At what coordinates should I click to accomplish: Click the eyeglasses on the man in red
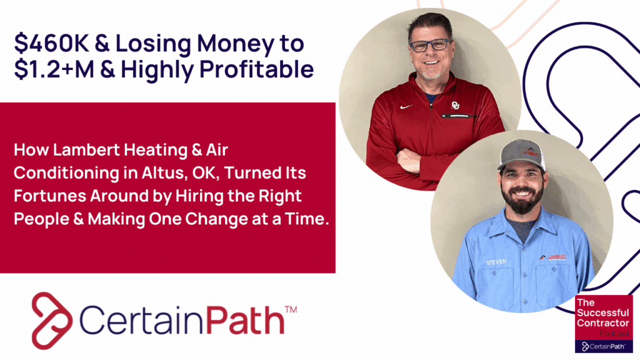(431, 45)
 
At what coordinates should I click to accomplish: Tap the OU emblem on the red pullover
(456, 105)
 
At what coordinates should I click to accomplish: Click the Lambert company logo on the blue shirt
(552, 257)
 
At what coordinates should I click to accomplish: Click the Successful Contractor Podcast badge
(603, 323)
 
